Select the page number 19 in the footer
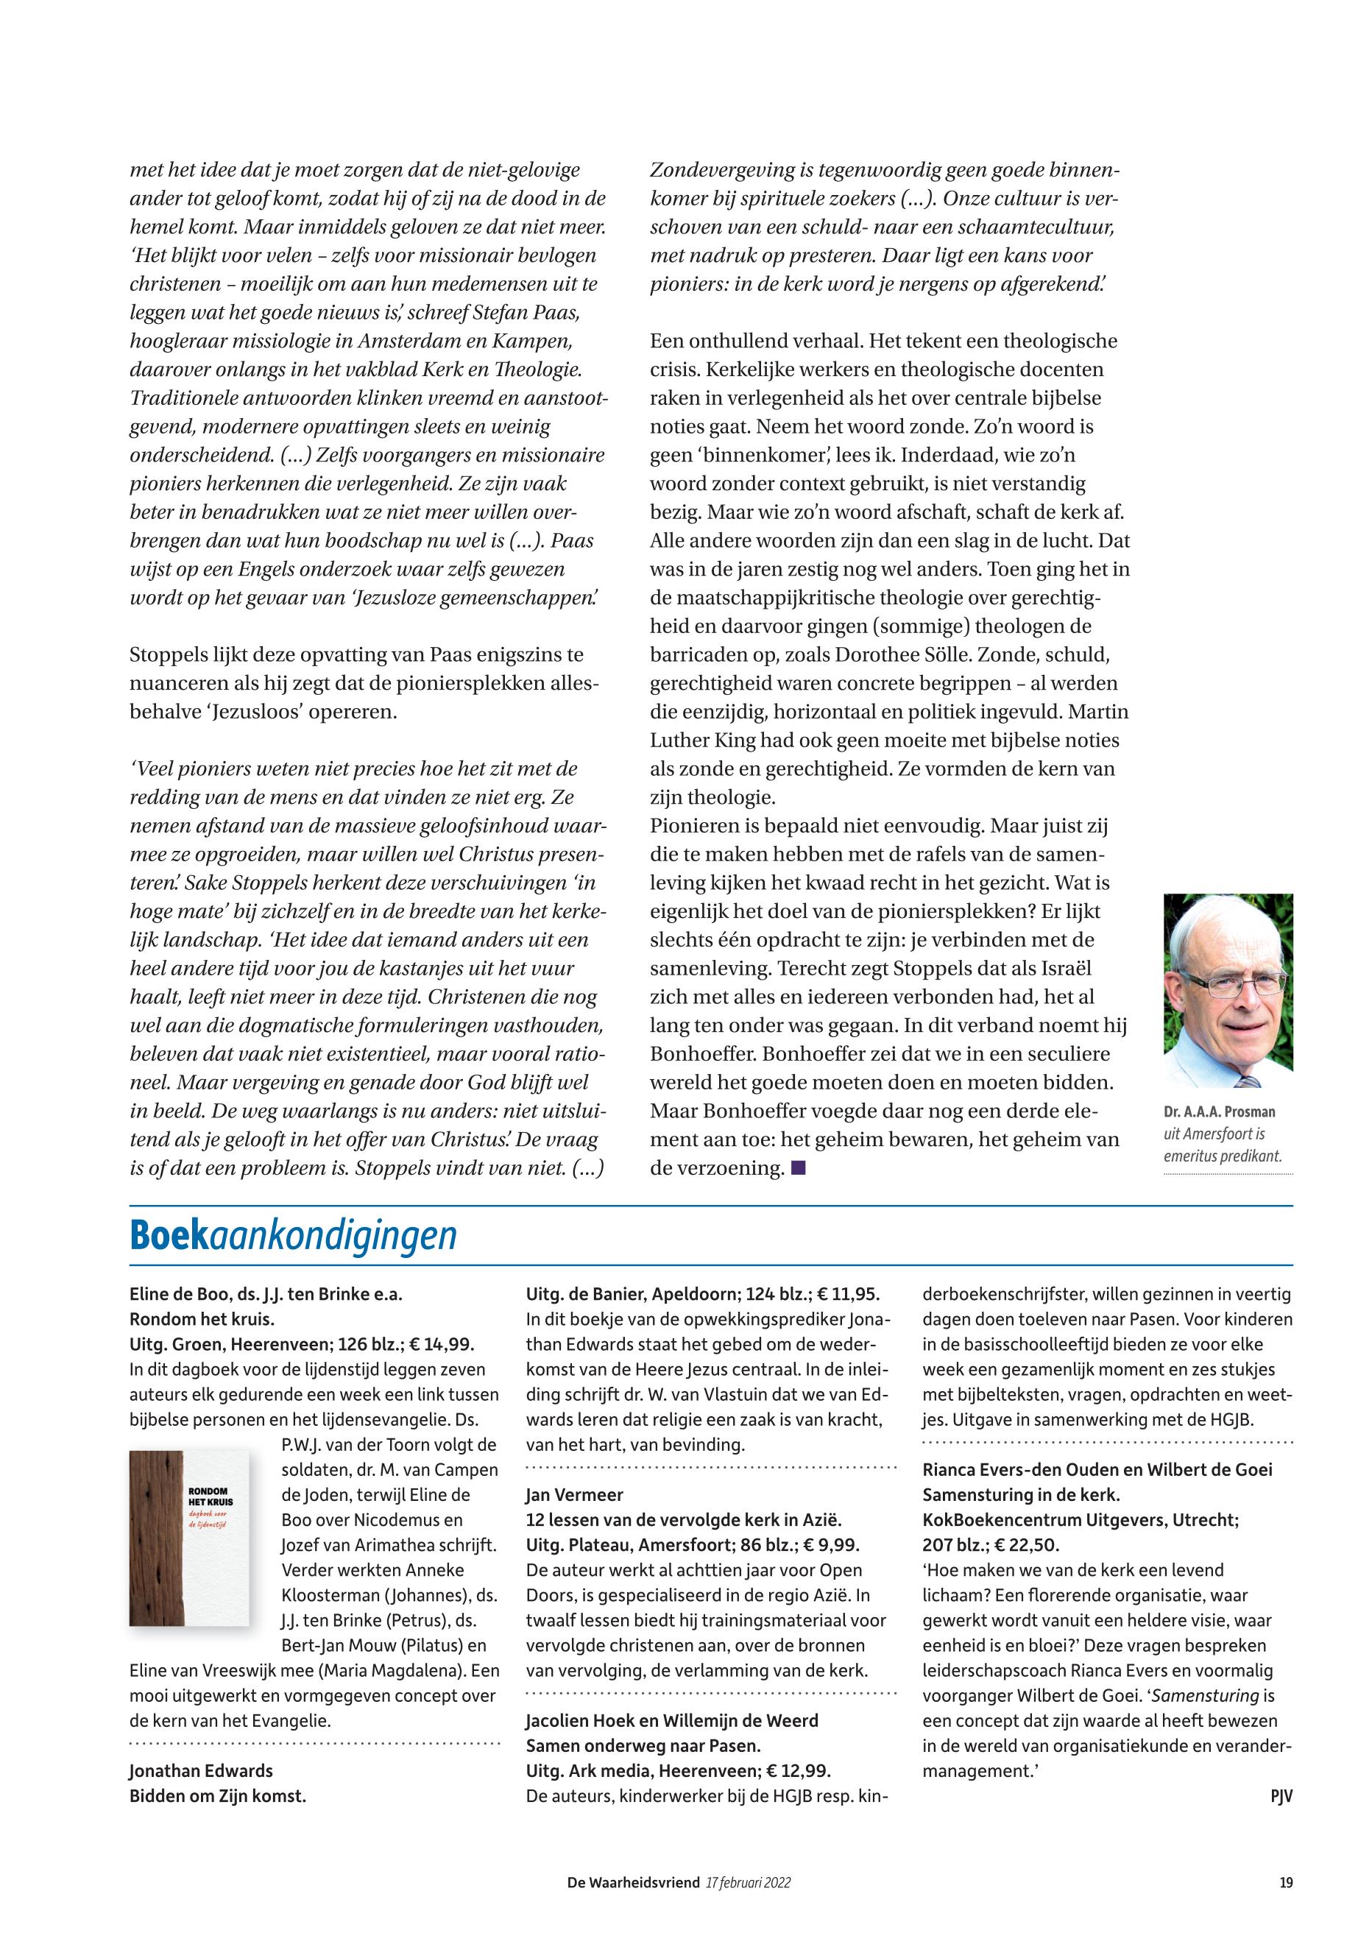coord(1286,1882)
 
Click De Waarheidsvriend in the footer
coord(633,1882)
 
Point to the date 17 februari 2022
coord(749,1882)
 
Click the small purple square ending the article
coord(797,1168)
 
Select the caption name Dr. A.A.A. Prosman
coord(1220,1112)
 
